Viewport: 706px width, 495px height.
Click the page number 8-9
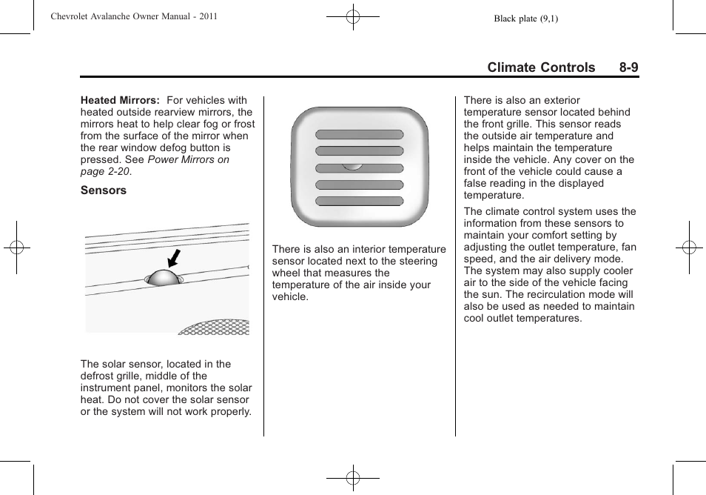click(x=629, y=67)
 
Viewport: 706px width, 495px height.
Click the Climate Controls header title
click(x=541, y=67)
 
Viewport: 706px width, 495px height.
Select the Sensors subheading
click(x=104, y=190)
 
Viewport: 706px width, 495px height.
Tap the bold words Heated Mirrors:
click(x=120, y=100)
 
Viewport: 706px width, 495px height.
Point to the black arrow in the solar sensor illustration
click(x=174, y=258)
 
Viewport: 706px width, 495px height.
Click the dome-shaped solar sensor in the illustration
click(x=163, y=279)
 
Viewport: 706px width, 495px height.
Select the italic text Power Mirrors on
click(x=188, y=159)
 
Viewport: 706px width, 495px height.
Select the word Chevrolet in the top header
click(x=73, y=16)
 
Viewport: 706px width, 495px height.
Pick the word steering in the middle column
click(x=417, y=261)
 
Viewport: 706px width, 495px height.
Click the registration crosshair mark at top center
click(x=353, y=16)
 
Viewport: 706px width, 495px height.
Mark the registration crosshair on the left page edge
click(x=16, y=247)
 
